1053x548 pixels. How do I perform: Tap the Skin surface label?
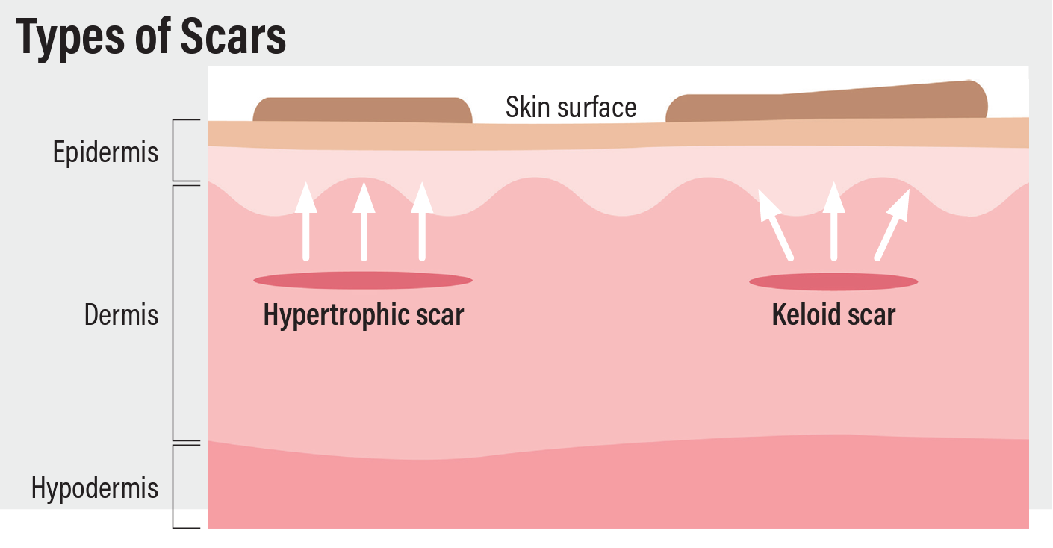[x=571, y=108]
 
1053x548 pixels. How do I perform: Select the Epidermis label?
[x=105, y=152]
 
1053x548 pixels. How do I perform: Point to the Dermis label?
[x=121, y=314]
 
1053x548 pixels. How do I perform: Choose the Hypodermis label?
[x=95, y=488]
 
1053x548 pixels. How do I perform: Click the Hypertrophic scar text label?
[x=363, y=314]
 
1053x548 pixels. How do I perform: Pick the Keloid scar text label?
[x=833, y=314]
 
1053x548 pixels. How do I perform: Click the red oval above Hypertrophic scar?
[x=363, y=281]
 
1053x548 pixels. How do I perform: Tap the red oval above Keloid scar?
[x=833, y=282]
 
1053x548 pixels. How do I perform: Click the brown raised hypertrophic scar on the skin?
[x=363, y=110]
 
